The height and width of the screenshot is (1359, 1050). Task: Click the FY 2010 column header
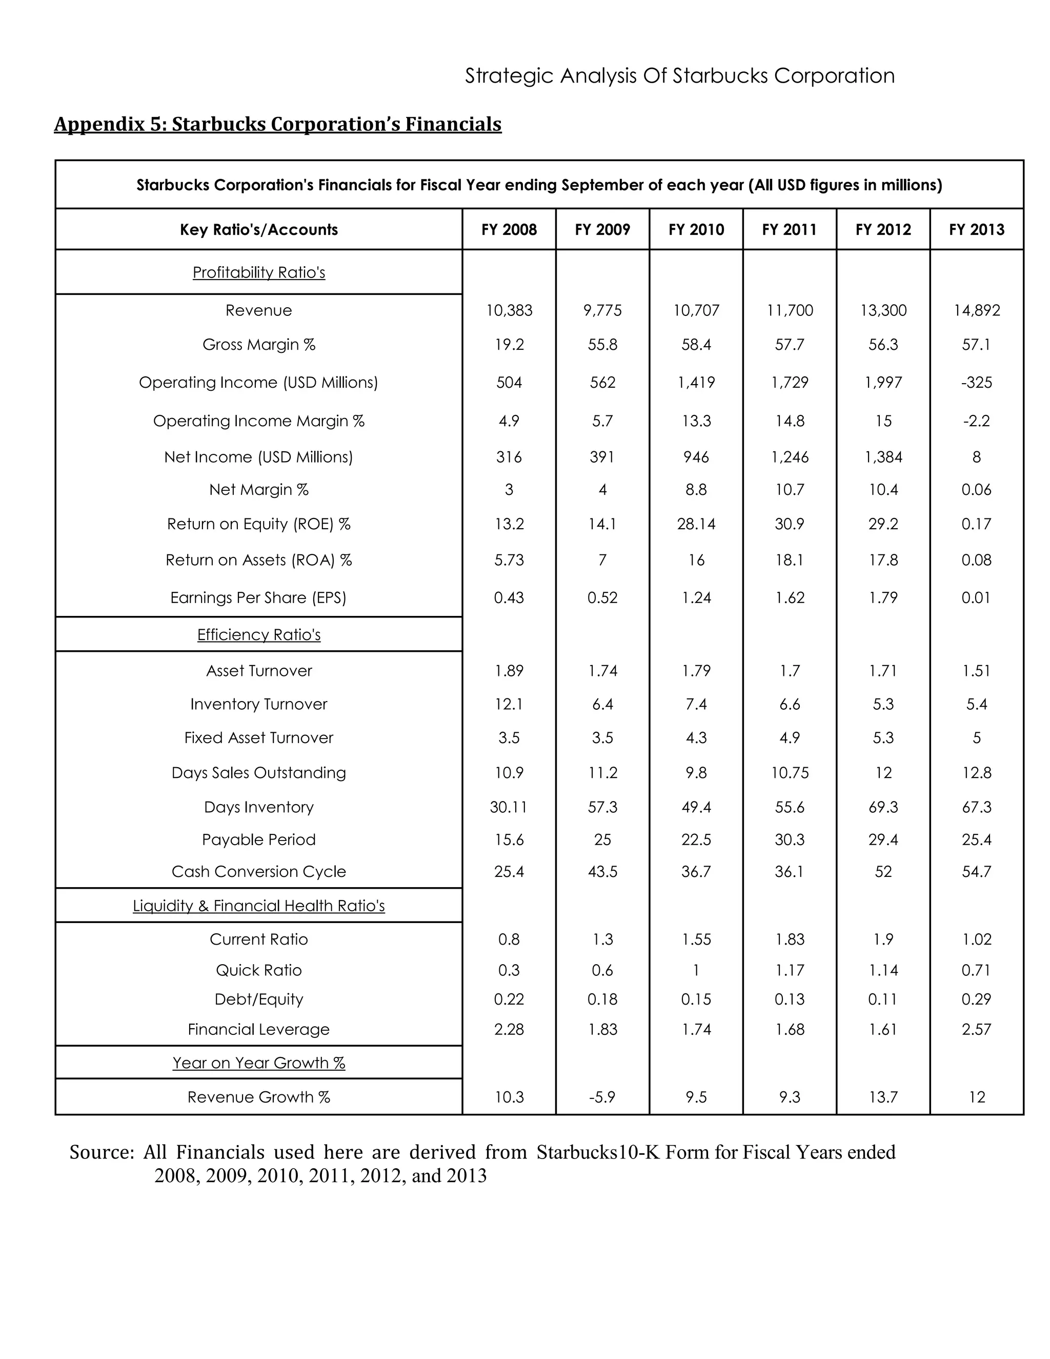696,230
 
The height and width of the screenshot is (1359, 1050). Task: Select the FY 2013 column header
976,230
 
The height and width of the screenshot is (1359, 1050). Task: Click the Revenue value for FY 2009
602,310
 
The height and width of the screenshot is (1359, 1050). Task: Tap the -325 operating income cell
976,382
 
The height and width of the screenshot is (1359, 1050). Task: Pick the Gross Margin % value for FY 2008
509,344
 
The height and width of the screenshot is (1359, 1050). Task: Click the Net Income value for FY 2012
883,457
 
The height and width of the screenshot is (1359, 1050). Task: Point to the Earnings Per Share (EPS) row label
258,597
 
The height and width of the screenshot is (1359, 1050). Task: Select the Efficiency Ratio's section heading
259,635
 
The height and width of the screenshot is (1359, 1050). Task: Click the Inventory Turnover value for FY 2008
509,704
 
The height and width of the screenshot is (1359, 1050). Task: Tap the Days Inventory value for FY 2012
883,807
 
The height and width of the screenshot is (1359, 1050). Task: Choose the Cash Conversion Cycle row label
258,871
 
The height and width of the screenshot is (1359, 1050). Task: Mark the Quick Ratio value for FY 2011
790,970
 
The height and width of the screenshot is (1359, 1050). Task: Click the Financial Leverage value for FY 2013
976,1029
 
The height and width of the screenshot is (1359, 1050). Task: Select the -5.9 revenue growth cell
602,1097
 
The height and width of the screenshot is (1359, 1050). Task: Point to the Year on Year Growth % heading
259,1063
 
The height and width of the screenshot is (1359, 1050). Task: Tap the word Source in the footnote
101,1152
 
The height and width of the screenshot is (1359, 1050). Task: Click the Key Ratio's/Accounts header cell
259,230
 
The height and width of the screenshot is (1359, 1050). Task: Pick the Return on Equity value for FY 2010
696,524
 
